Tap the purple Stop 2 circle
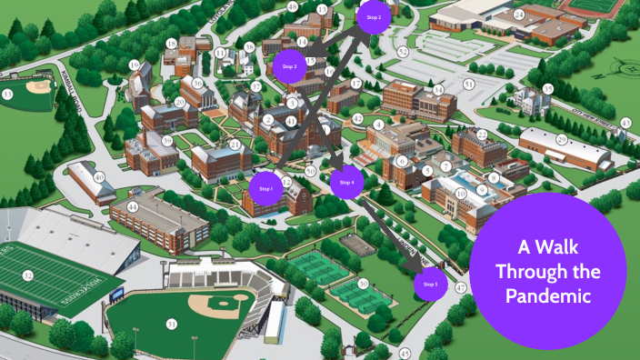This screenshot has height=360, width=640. tap(374, 17)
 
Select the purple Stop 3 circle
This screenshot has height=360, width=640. tap(290, 66)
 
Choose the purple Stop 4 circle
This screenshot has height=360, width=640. tap(346, 183)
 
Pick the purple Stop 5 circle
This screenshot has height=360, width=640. tap(430, 285)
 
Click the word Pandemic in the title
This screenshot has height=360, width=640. tap(549, 296)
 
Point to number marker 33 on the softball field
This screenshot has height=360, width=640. tap(7, 94)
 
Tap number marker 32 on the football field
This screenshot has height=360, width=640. tap(28, 275)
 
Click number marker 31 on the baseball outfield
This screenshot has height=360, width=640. tap(171, 324)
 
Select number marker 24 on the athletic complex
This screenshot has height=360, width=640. tap(518, 15)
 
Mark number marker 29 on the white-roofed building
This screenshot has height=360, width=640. tap(561, 138)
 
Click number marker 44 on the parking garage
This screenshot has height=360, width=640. tap(133, 206)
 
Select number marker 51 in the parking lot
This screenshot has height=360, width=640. tap(469, 84)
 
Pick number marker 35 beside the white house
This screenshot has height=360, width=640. tap(547, 88)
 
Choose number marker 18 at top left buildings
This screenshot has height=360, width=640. tap(171, 43)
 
